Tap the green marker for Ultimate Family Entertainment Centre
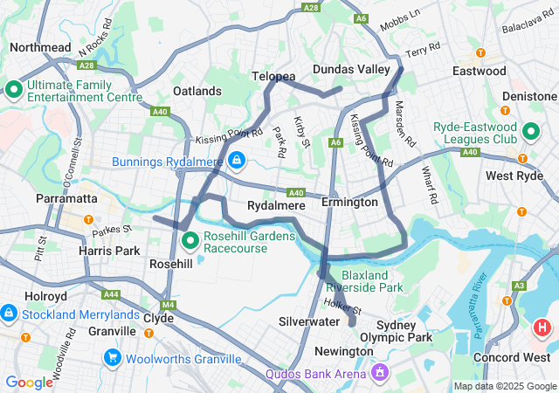point(14,88)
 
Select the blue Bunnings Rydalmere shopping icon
point(236,161)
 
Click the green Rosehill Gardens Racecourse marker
point(189,238)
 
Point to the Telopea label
point(274,77)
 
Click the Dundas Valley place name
point(350,69)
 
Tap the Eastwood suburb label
point(479,71)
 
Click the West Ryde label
point(511,176)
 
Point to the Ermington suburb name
point(349,202)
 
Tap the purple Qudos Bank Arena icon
point(380,373)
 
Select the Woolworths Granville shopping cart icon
point(113,357)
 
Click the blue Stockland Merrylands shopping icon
point(8,312)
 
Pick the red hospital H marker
point(542,329)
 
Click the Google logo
point(29,383)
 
